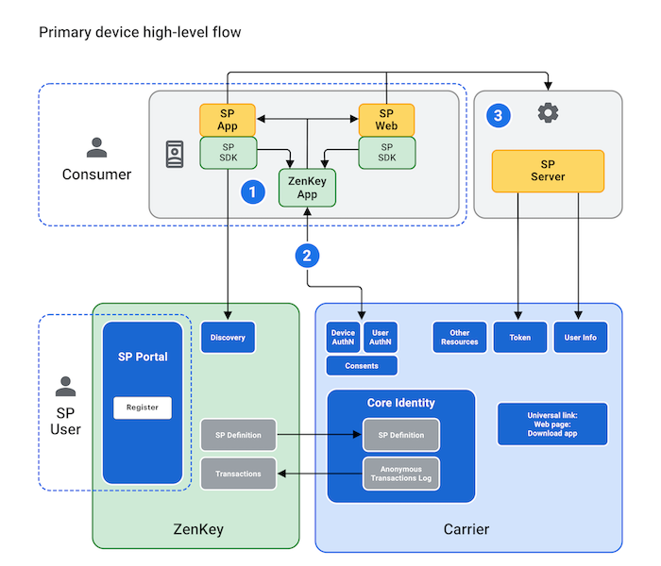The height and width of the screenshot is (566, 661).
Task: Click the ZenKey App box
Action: pos(307,187)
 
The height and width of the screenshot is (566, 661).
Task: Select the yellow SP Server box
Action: pos(547,171)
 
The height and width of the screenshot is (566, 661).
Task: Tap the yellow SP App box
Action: pos(228,119)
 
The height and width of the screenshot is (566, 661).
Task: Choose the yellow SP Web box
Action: pos(387,119)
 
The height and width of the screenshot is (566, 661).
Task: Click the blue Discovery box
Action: pos(228,338)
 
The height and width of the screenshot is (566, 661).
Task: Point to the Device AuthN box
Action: pos(343,337)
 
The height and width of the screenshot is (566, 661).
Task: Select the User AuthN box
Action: pos(381,337)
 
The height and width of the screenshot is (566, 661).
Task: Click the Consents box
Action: pos(362,366)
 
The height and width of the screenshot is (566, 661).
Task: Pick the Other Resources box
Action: pos(460,337)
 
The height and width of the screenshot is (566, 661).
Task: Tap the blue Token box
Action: pos(519,337)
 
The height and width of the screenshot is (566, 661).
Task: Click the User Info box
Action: pos(581,337)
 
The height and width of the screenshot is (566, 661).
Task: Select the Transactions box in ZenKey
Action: pos(238,474)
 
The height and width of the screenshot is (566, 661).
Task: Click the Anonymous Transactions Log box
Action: pos(401,474)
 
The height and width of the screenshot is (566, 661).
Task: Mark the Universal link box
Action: pos(553,424)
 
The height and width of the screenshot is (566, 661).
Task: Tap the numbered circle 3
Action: pos(500,116)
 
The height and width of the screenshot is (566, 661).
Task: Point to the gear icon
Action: pos(548,113)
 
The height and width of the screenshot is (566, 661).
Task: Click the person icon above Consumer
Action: pos(96,148)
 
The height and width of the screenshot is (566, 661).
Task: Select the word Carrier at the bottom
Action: pos(466,529)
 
